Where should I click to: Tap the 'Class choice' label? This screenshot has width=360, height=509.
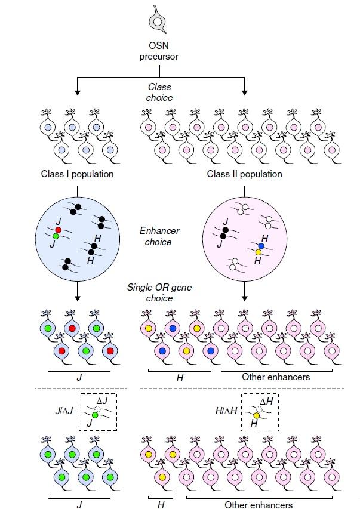click(x=159, y=92)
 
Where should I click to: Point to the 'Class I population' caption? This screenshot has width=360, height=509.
click(x=78, y=174)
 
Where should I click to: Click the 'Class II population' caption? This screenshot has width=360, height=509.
click(x=245, y=174)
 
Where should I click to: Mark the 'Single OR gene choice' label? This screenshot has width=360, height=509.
click(x=159, y=292)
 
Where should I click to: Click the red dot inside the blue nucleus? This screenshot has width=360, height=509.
click(x=58, y=230)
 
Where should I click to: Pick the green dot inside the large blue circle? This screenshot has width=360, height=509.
click(x=56, y=237)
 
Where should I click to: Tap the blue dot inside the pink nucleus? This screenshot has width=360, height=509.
click(x=261, y=245)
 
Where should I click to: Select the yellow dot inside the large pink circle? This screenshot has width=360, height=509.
click(x=259, y=252)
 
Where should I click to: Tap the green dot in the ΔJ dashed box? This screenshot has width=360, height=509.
click(x=94, y=415)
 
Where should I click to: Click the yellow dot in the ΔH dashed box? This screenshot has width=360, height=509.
click(x=256, y=415)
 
